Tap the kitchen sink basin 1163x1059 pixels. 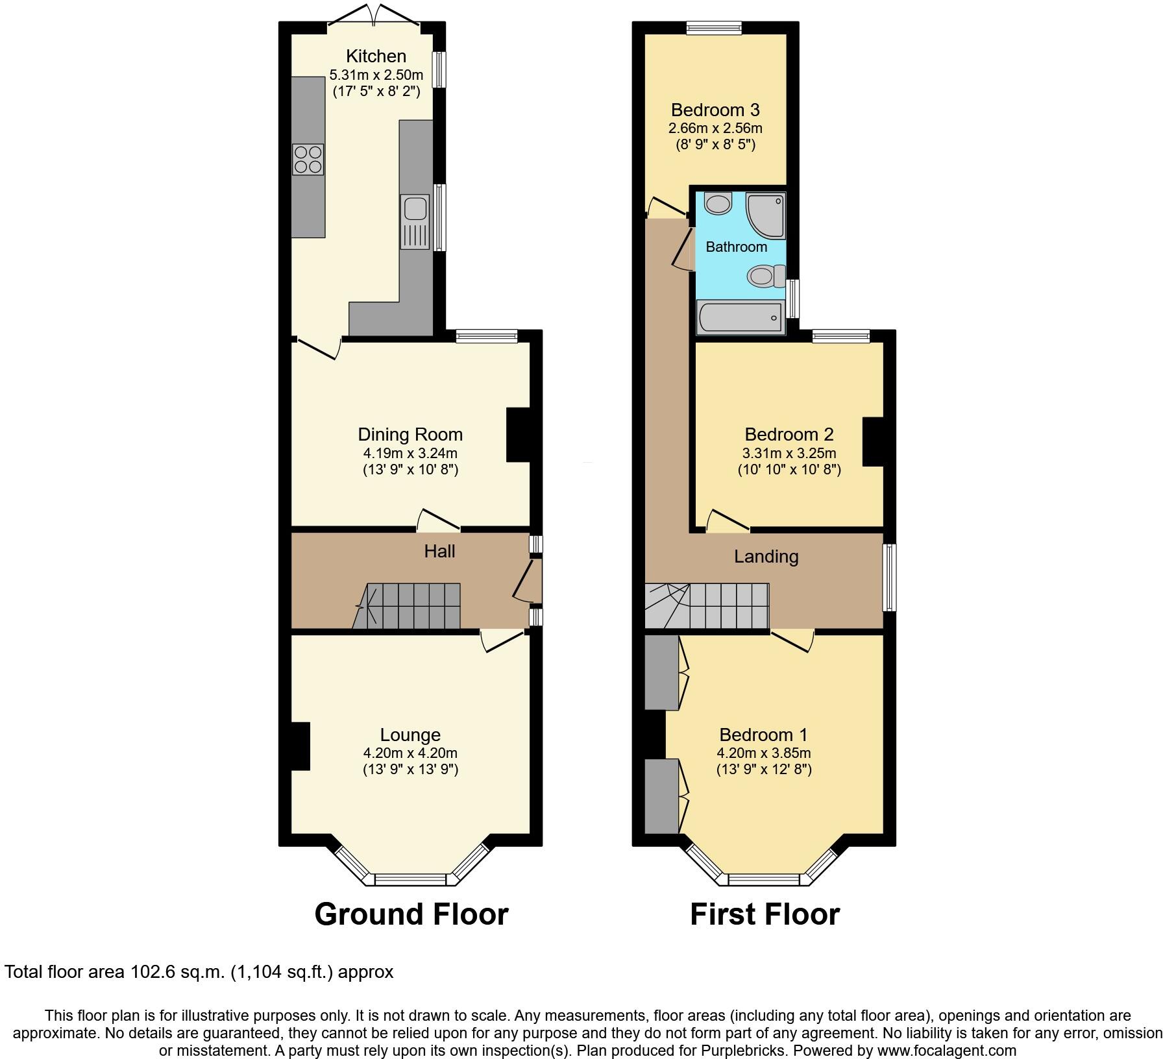click(x=415, y=208)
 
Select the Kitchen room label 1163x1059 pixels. click(x=376, y=56)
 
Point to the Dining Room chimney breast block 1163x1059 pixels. click(x=518, y=434)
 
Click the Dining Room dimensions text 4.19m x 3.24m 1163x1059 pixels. click(x=410, y=453)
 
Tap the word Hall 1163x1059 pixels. click(x=439, y=552)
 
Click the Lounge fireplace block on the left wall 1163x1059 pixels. click(x=300, y=746)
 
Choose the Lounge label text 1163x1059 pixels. click(x=410, y=735)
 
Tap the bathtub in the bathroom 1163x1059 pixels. click(x=739, y=318)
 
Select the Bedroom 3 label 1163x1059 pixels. click(x=715, y=110)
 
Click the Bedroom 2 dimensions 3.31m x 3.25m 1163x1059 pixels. click(x=789, y=453)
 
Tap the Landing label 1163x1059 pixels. click(x=766, y=557)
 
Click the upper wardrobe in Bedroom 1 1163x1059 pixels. click(x=662, y=672)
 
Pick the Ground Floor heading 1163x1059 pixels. click(x=411, y=914)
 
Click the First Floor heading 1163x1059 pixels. click(x=765, y=914)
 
